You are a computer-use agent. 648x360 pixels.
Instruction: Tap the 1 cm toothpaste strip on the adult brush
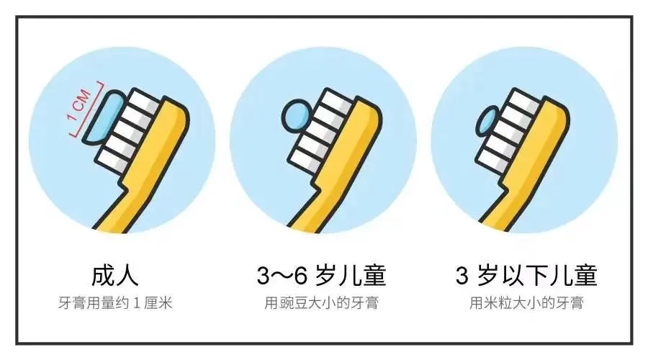[x=103, y=117]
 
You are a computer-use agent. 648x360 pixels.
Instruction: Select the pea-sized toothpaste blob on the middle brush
[x=295, y=117]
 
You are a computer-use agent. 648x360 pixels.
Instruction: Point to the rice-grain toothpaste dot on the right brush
[x=487, y=121]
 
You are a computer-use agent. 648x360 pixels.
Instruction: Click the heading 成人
[x=114, y=275]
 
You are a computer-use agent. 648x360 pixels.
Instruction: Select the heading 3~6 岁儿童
[x=321, y=275]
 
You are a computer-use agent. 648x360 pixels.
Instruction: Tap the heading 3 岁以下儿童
[x=526, y=275]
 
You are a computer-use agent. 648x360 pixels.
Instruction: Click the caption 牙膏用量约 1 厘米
[x=115, y=303]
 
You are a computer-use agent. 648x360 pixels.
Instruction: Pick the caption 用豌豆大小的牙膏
[x=322, y=303]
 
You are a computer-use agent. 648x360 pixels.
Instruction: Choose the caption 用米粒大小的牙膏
[x=526, y=303]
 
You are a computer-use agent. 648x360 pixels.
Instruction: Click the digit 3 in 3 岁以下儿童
[x=462, y=276]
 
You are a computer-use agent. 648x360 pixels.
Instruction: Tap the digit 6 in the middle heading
[x=300, y=276]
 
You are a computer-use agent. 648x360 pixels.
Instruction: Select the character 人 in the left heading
[x=127, y=275]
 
